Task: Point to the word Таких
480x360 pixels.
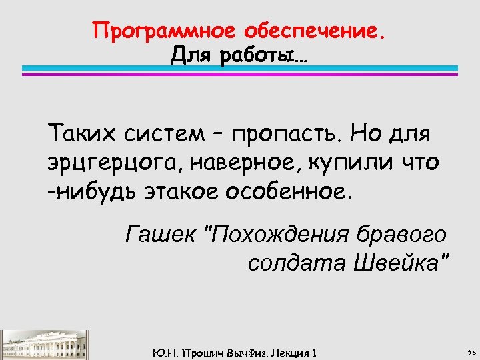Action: pyautogui.click(x=82, y=135)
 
